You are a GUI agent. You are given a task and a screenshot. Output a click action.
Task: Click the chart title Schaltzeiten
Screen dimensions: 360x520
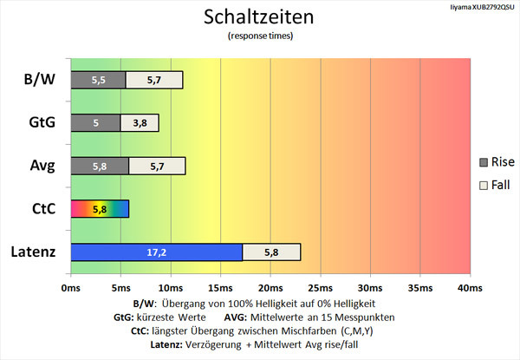tap(259, 16)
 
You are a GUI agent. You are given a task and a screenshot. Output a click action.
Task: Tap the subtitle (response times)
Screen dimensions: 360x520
tap(259, 36)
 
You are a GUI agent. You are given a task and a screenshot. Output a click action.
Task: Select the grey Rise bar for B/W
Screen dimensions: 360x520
tap(97, 80)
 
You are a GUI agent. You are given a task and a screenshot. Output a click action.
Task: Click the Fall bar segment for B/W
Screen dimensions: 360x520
tap(154, 80)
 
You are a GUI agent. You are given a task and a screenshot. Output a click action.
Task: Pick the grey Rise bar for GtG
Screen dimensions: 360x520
tap(94, 122)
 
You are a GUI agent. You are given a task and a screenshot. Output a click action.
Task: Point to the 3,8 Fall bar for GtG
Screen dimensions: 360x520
tap(140, 122)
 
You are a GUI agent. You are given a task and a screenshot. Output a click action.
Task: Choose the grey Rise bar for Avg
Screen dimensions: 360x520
tap(99, 166)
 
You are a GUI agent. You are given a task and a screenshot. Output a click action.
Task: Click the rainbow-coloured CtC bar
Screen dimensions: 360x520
tap(99, 208)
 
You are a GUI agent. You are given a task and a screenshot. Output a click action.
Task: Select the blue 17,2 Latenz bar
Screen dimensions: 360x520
tap(156, 252)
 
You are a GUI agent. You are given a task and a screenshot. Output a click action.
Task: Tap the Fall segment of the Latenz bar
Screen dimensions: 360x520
tap(271, 252)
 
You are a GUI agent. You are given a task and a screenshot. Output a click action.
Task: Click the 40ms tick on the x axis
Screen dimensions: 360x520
tap(469, 287)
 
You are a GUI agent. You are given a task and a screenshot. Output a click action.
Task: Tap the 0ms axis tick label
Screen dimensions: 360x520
tap(70, 287)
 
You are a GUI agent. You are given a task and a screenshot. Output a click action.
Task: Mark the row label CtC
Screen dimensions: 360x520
tap(42, 208)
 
